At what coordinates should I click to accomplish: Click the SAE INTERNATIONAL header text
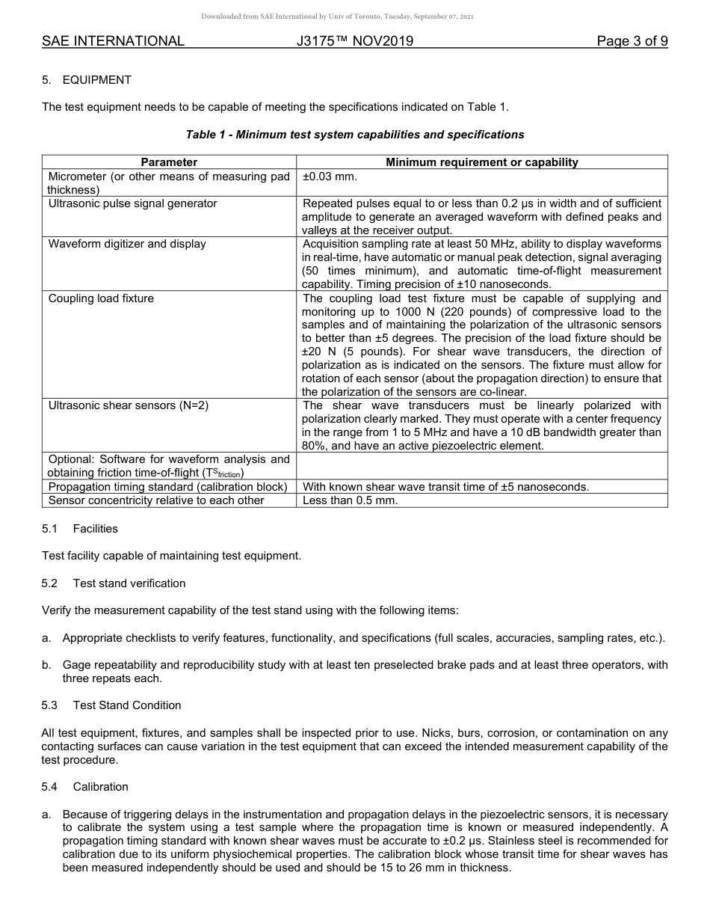[113, 41]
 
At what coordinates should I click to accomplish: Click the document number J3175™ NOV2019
[354, 41]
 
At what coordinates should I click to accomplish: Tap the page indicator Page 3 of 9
[632, 41]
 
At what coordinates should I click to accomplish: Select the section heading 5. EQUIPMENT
[87, 80]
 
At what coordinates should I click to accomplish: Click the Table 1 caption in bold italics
[354, 135]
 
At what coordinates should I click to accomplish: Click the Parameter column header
[169, 162]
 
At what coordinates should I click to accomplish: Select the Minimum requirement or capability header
[481, 162]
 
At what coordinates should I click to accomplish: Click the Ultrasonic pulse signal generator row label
[132, 203]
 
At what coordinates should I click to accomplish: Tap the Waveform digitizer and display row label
[127, 244]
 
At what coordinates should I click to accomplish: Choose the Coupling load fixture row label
[101, 298]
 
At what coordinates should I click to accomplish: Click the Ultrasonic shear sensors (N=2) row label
[128, 405]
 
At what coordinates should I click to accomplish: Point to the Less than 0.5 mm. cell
[350, 500]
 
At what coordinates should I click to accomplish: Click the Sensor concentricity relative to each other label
[156, 500]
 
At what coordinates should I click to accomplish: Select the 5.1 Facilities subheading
[80, 529]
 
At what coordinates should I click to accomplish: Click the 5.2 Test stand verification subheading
[114, 583]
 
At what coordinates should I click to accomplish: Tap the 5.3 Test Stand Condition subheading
[111, 705]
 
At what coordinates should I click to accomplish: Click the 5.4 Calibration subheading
[85, 787]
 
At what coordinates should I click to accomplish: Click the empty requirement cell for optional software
[481, 465]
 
